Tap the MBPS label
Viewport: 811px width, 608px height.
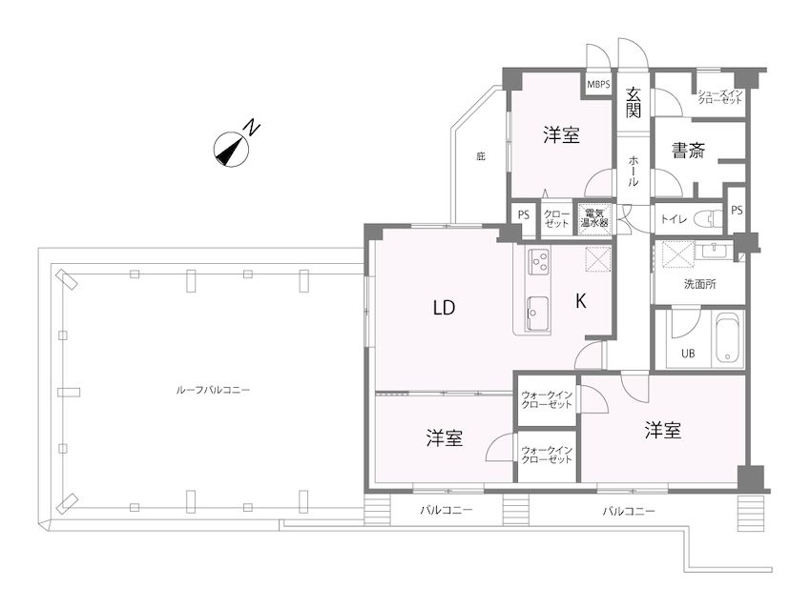coord(599,84)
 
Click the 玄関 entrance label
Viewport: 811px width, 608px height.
coord(634,102)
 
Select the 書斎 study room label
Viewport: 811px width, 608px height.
coord(689,151)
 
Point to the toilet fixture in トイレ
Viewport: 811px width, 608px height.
coord(708,217)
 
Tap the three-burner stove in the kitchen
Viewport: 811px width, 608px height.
coord(539,261)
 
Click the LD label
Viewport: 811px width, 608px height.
coord(444,309)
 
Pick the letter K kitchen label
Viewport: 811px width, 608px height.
coord(581,301)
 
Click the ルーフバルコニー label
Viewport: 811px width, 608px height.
coord(213,390)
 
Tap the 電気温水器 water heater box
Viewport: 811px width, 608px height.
coord(594,218)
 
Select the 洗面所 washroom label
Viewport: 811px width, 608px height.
coord(699,284)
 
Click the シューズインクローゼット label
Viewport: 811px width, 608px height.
coord(720,96)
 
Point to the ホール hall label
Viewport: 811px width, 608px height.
coord(634,171)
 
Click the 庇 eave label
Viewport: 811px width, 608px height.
coord(481,156)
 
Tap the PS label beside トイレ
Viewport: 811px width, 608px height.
coord(737,211)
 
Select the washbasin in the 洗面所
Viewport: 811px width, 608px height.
coord(714,250)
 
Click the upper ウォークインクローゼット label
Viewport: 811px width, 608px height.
coord(547,400)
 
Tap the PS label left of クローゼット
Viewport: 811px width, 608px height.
coord(524,214)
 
